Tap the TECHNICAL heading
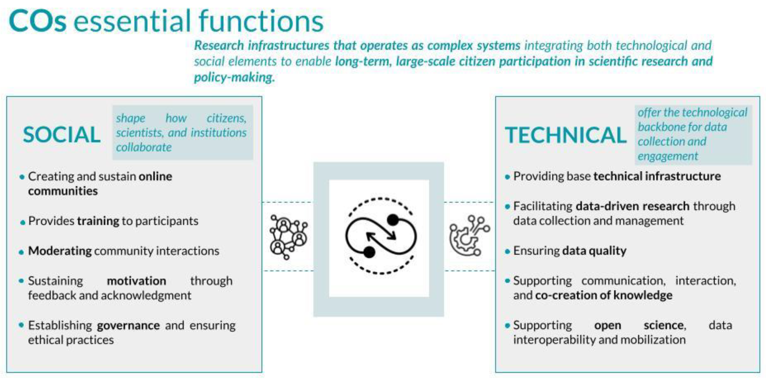point(566,135)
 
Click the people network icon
point(288,237)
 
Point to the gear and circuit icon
point(469,236)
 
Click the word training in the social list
point(98,221)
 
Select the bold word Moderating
point(60,251)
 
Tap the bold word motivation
point(136,281)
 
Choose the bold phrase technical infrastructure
point(657,176)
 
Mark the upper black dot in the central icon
point(393,220)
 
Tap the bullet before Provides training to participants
point(23,223)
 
